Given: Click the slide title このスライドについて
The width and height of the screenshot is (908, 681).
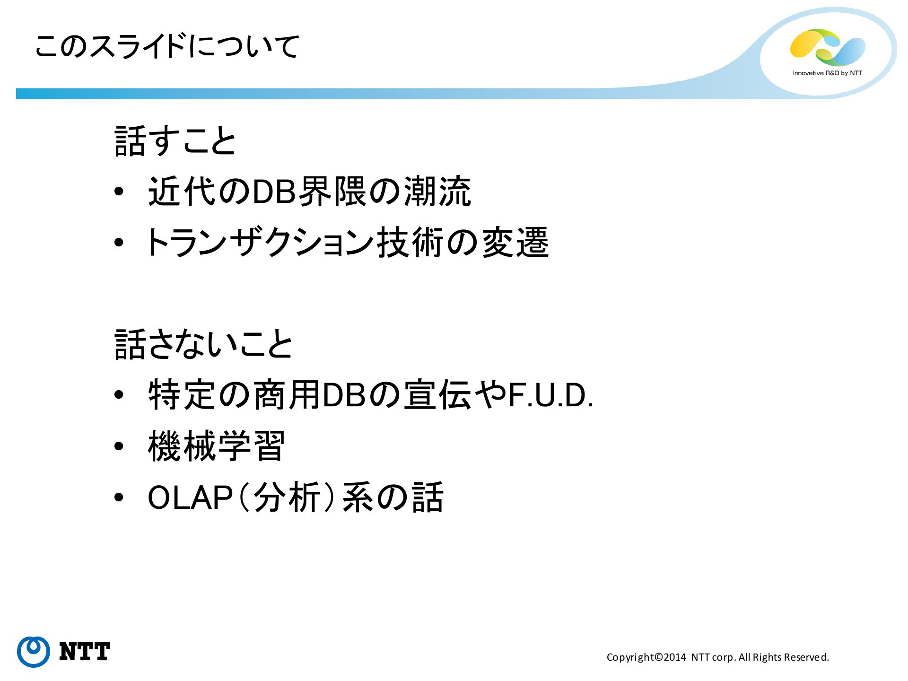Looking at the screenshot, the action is coord(167,46).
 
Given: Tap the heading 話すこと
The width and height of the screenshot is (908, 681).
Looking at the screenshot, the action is coord(175,141).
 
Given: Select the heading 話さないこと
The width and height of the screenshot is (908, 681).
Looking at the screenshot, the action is coord(204,344).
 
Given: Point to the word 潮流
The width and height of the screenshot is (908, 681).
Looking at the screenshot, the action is coord(437,192).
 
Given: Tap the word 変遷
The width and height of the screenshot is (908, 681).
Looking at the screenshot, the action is coord(515,242).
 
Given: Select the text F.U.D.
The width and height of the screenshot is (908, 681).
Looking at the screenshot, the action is coord(550,395).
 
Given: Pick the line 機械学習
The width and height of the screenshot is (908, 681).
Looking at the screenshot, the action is coord(216,446).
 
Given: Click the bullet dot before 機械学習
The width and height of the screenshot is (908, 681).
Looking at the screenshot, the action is coord(119,446).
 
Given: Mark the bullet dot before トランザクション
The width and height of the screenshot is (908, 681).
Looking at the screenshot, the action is coord(119,243).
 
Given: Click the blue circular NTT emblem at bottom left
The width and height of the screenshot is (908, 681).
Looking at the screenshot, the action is coord(34,652).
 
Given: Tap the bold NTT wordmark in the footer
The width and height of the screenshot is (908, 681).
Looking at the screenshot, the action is coord(85,652).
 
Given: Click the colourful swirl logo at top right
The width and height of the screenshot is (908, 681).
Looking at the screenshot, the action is coord(827,47).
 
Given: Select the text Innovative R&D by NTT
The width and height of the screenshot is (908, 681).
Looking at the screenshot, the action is coord(827,73).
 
